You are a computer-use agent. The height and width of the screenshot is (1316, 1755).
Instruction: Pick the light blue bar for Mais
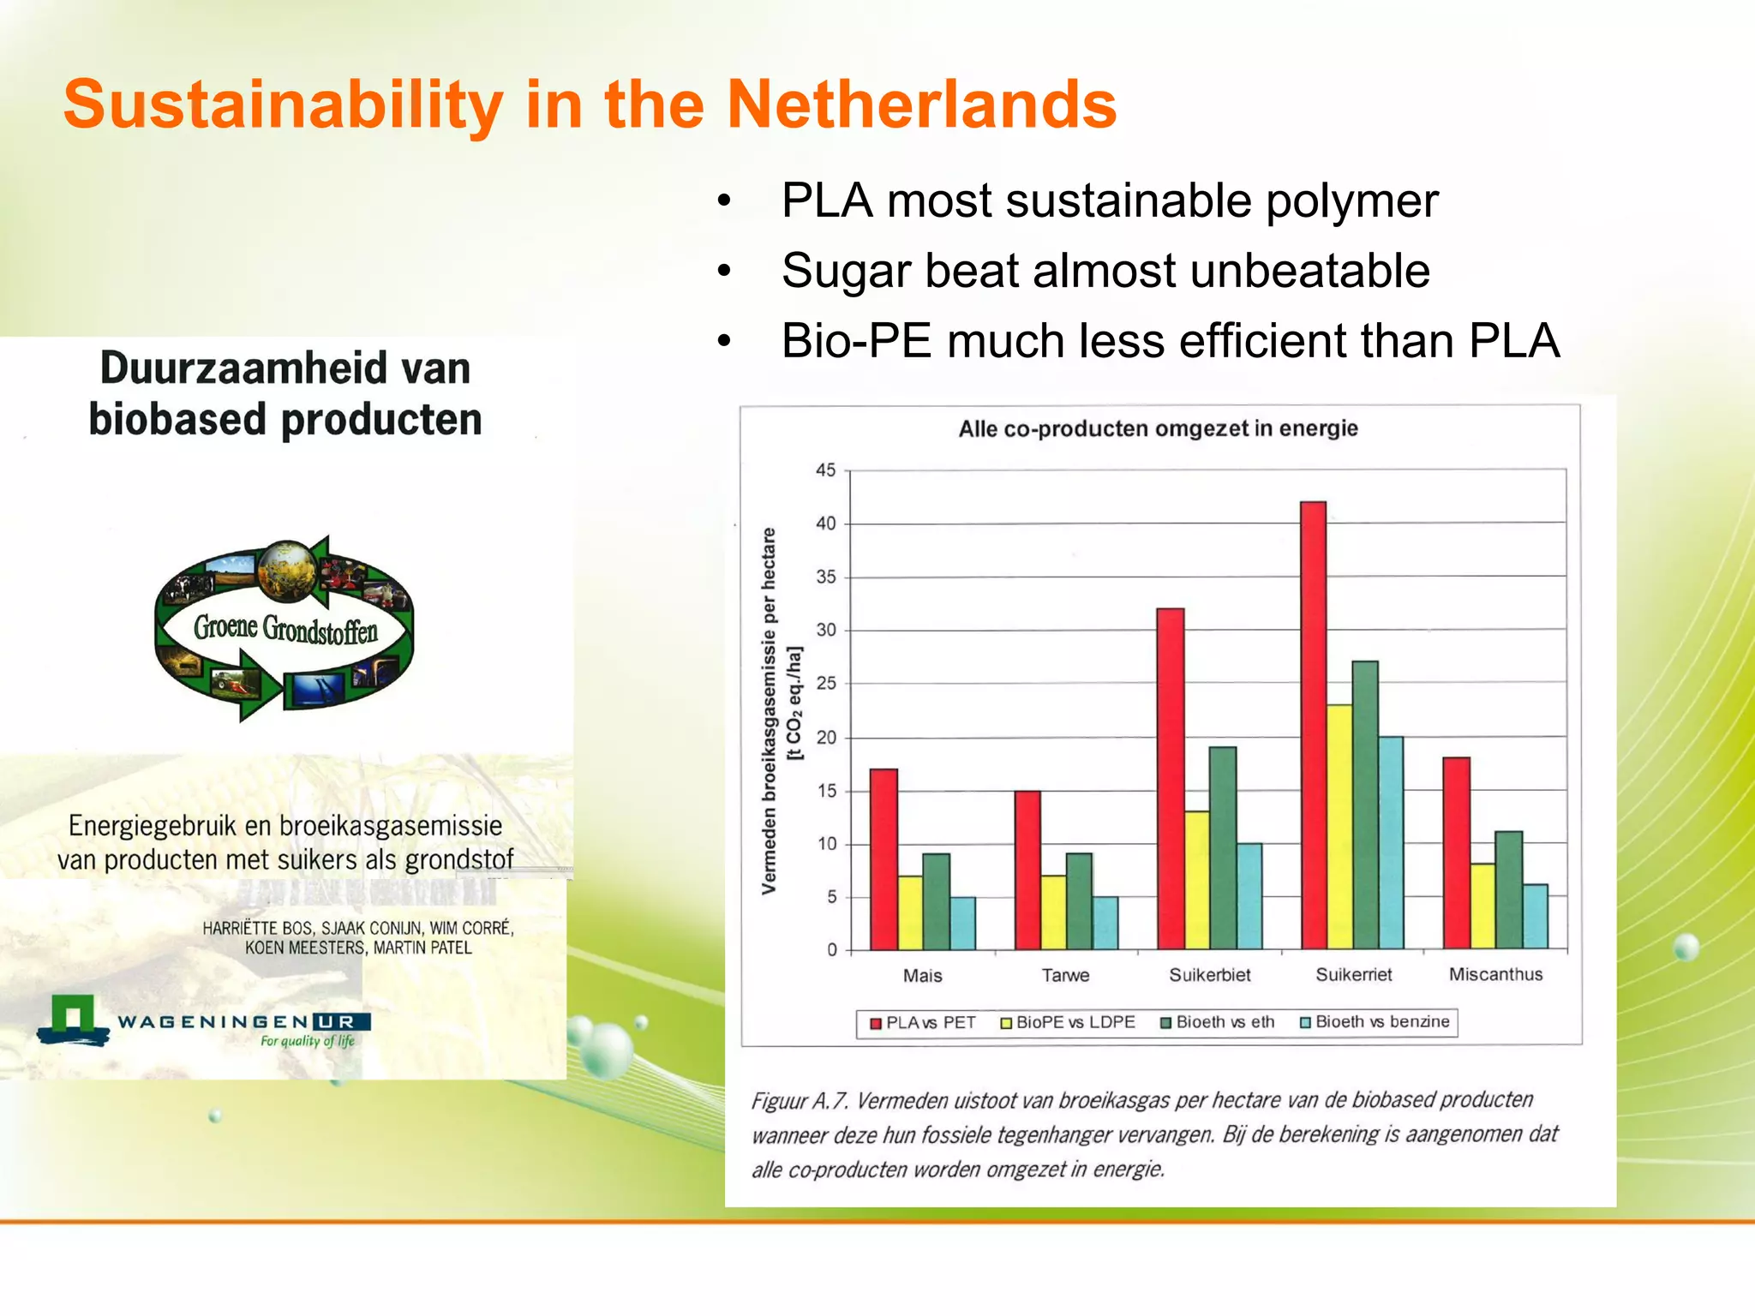point(962,923)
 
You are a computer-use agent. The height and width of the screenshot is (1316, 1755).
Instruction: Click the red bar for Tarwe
point(1027,870)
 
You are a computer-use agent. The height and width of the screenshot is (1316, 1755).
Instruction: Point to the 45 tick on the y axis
point(825,470)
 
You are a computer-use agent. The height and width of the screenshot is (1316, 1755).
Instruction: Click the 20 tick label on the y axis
point(825,738)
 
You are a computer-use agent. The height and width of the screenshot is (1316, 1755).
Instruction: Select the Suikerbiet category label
point(1209,975)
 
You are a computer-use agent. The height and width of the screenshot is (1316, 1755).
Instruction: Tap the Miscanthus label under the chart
point(1495,974)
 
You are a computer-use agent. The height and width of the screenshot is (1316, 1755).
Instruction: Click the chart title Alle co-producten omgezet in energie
point(1158,428)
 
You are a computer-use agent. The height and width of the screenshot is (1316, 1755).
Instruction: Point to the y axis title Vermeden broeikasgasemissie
point(770,711)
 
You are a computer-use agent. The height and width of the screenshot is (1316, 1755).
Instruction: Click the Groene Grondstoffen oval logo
point(285,628)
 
